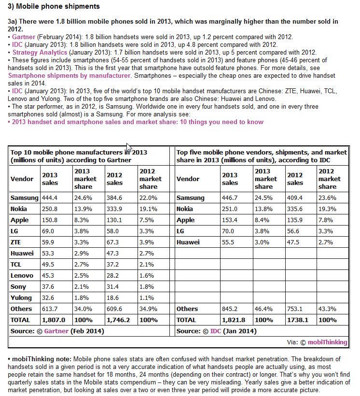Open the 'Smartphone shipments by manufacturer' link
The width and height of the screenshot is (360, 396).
pos(53,75)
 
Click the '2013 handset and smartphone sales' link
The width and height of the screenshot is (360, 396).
pos(136,122)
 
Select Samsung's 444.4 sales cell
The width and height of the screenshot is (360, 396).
pos(50,198)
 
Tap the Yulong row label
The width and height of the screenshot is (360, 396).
pos(21,298)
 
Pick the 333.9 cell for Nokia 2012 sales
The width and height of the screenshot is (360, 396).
pos(114,209)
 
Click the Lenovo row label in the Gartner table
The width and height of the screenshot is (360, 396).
pos(22,276)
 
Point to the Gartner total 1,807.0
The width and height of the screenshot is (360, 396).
pos(53,320)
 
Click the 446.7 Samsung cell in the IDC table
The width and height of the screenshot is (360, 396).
pos(230,198)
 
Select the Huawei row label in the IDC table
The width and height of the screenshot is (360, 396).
pos(187,242)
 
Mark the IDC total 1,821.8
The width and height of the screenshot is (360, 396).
pos(233,320)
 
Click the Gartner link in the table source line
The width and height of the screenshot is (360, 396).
pos(56,331)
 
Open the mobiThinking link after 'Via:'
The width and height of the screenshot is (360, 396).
pos(328,342)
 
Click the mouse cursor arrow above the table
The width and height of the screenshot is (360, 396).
pos(128,147)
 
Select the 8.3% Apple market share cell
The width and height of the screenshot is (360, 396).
pos(82,220)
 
